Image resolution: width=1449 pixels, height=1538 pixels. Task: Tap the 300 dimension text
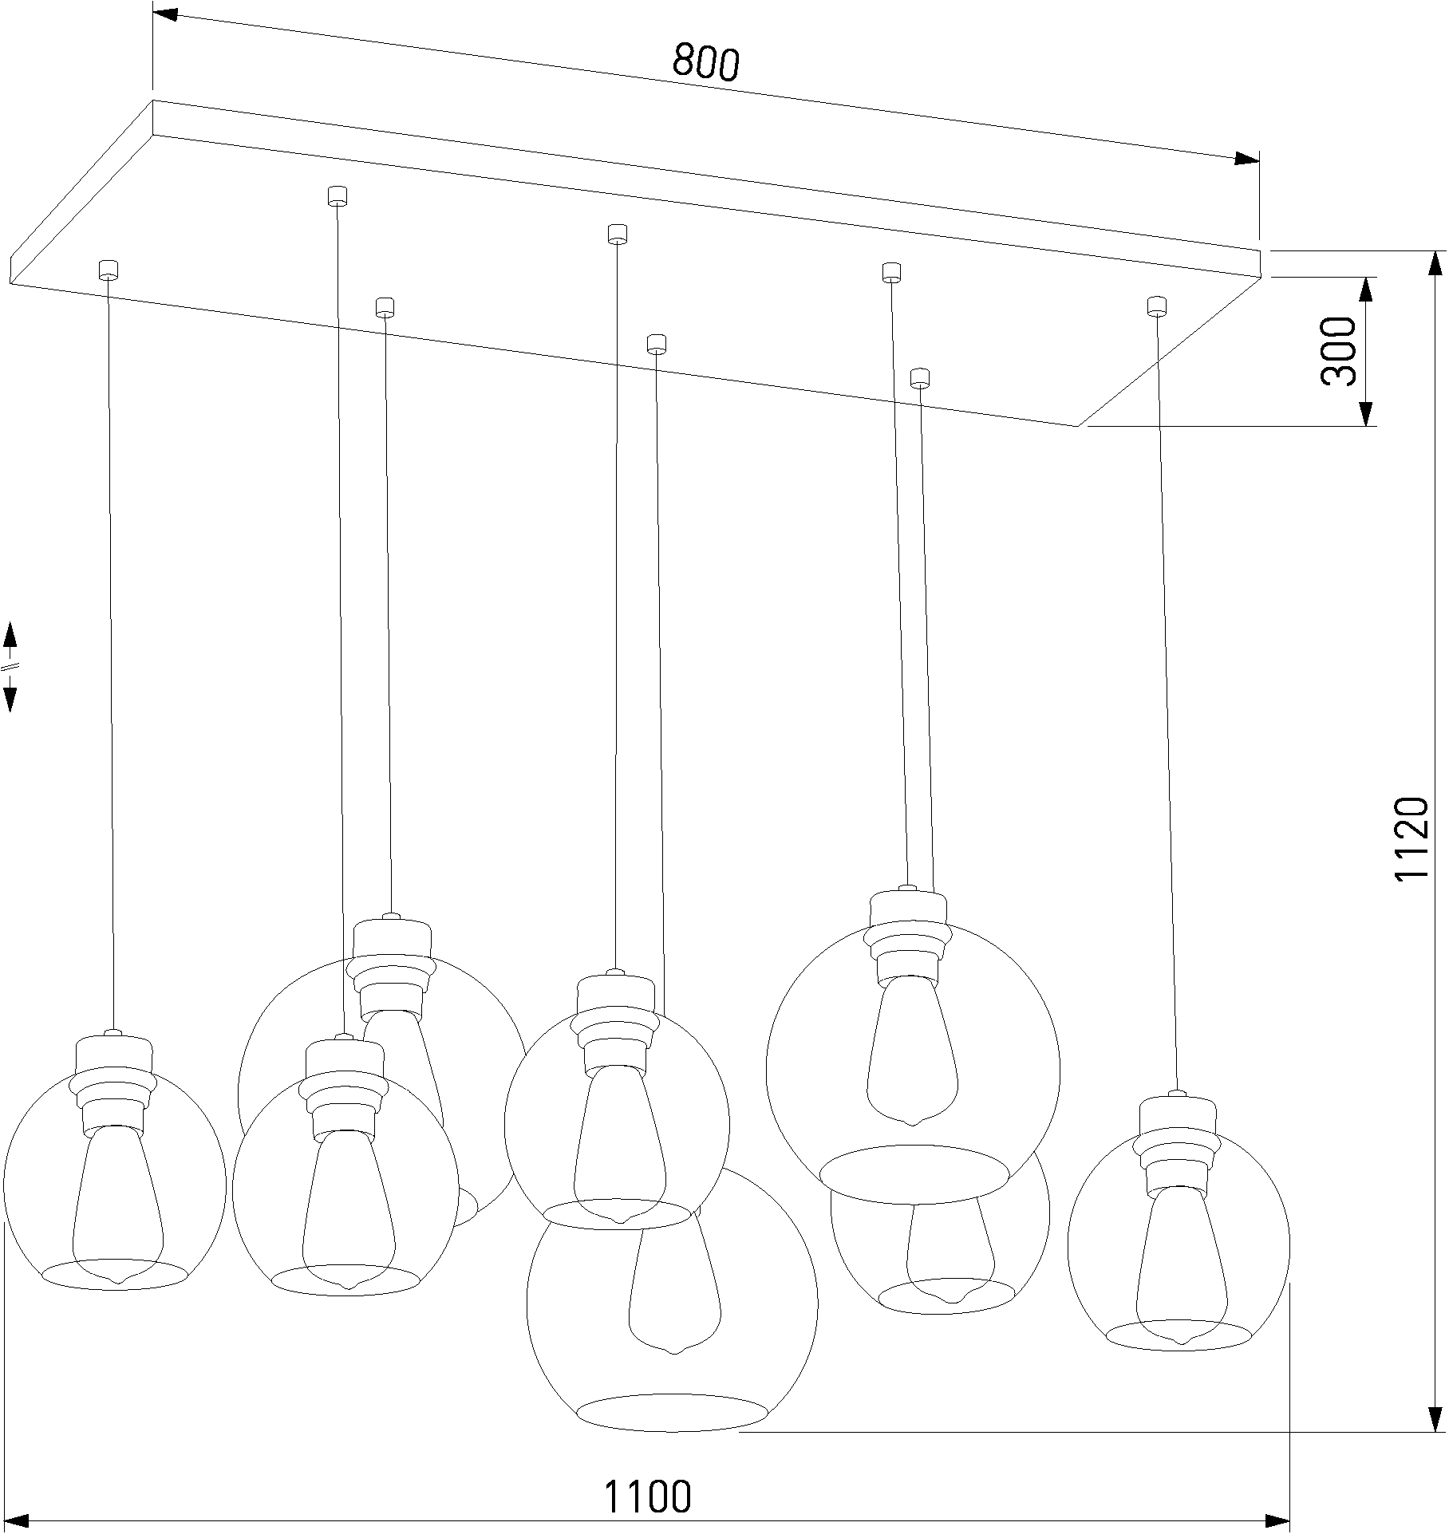pos(1338,351)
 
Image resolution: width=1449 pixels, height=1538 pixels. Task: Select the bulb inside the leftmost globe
pos(117,1197)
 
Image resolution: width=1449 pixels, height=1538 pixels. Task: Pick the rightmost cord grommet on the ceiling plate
pos(1156,306)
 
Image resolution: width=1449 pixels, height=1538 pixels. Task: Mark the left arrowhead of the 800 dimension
pos(164,15)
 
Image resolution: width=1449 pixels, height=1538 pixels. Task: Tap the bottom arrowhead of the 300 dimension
pos(1366,414)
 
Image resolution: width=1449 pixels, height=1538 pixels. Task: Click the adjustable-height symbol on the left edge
pos(10,666)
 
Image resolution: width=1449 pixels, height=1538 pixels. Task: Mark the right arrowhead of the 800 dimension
pos(1246,159)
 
